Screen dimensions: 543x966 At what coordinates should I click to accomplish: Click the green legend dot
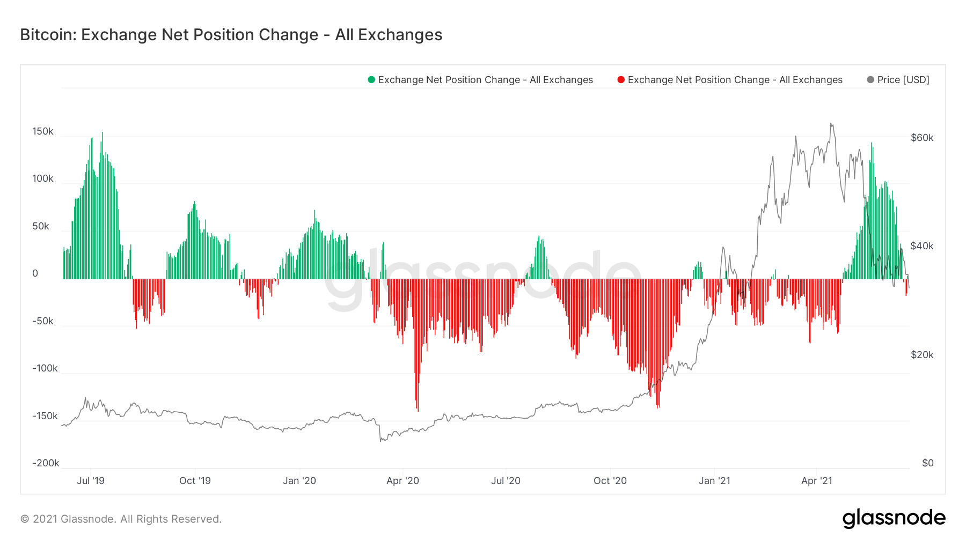tap(371, 80)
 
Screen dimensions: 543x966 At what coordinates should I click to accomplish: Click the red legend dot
tap(621, 80)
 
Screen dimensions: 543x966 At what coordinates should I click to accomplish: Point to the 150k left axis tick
tap(43, 131)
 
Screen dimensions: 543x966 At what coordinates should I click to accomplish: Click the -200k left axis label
tap(46, 463)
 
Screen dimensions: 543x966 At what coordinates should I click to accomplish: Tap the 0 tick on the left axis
tap(35, 273)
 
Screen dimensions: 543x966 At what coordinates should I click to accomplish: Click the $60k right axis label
tap(922, 138)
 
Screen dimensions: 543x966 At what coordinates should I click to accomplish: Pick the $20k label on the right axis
tap(922, 355)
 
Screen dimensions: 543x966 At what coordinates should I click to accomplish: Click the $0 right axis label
tap(927, 463)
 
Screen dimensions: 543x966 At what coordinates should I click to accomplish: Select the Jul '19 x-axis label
tap(91, 481)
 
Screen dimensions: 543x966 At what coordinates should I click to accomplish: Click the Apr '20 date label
tap(402, 481)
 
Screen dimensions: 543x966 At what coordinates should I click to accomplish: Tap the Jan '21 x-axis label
tap(714, 481)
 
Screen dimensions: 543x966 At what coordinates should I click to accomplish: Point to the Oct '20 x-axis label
tap(610, 481)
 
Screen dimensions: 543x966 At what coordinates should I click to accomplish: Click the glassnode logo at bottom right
tap(894, 518)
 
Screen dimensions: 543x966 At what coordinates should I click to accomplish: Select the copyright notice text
tap(121, 519)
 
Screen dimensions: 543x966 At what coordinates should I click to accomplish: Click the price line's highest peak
tap(831, 124)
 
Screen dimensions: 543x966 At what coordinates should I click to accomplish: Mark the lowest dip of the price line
tap(380, 441)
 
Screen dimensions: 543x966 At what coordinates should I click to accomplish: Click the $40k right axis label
tap(922, 246)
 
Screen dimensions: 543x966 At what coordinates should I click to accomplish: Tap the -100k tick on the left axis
tap(45, 368)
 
